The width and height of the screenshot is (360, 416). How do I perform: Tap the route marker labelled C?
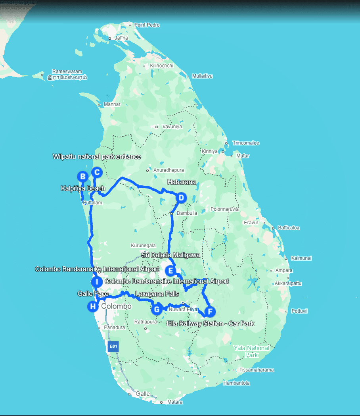point(97,172)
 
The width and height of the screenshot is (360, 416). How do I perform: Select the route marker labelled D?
point(181,198)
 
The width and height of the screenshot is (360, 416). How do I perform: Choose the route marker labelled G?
point(157,309)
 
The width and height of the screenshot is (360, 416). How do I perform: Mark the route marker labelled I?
point(96,282)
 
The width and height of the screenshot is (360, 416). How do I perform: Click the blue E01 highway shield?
point(113,346)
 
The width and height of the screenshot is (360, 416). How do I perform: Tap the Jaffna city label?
point(121,38)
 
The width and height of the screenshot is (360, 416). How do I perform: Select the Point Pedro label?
point(147,25)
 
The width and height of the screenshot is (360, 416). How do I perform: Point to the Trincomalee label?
point(246,143)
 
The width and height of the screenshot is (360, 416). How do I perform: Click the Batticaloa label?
point(289,228)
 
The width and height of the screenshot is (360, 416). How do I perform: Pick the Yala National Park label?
point(251,351)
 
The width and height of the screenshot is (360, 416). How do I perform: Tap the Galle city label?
point(143,394)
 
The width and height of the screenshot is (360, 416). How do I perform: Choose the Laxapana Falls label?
point(157,294)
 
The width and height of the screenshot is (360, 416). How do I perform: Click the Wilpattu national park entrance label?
point(97,157)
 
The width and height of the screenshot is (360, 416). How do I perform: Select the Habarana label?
point(182,182)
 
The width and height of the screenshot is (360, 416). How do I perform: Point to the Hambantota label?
point(236,383)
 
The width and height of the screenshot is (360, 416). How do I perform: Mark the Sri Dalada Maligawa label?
point(170,255)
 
